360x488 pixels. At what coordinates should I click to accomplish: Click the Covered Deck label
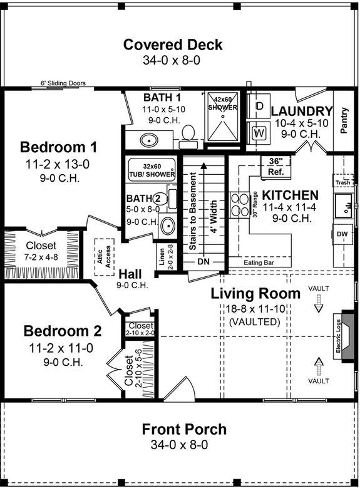tap(173, 45)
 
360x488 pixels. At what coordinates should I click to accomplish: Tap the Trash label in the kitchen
tap(342, 183)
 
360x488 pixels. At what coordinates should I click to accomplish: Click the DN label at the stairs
tap(203, 261)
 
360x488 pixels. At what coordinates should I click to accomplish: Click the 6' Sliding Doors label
tap(63, 83)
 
